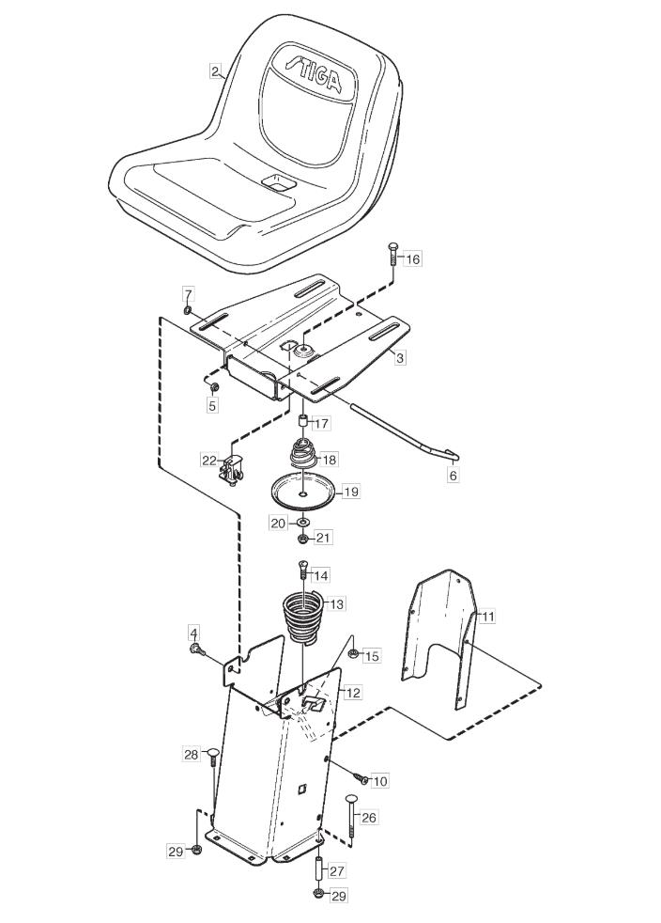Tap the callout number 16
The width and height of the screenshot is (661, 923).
click(x=413, y=258)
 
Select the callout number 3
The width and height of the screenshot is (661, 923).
click(x=400, y=357)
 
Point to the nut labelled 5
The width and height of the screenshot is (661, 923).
click(x=215, y=386)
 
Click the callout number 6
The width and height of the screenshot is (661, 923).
click(x=453, y=475)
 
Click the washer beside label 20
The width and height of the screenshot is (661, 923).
click(x=302, y=523)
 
